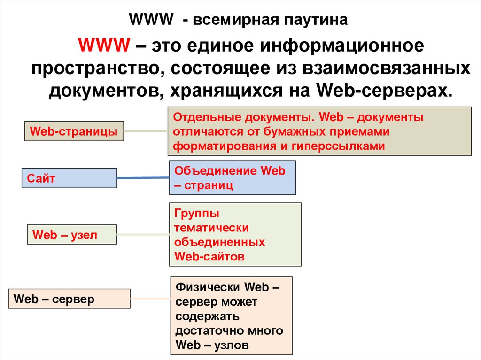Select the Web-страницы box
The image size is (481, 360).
click(74, 131)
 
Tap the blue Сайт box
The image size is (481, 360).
click(69, 178)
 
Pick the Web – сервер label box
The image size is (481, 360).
click(70, 299)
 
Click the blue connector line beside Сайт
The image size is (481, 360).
click(143, 178)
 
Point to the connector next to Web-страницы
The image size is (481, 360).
click(146, 131)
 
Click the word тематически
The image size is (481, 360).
click(211, 228)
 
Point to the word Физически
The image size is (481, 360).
click(208, 287)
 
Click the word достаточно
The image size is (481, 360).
click(209, 330)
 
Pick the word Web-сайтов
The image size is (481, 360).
click(209, 257)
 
